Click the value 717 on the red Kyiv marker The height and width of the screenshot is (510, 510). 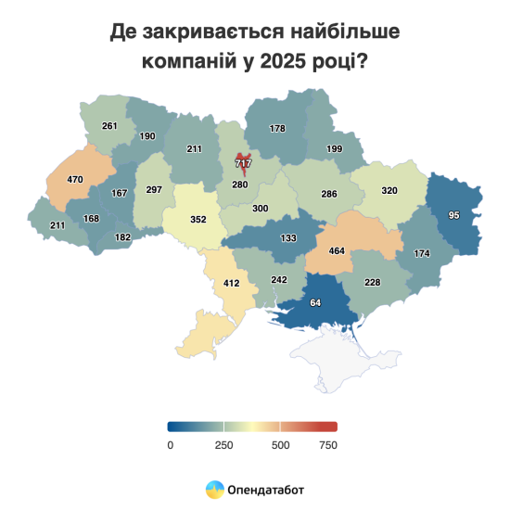click(244, 163)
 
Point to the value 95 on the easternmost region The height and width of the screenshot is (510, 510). click(453, 215)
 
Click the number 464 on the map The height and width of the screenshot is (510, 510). click(337, 251)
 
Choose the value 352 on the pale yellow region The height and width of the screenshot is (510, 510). click(197, 221)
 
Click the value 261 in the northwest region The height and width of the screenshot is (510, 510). click(110, 125)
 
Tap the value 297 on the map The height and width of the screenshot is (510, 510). click(154, 190)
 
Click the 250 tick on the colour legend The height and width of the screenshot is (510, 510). click(223, 445)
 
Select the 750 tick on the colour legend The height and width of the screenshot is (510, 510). click(326, 445)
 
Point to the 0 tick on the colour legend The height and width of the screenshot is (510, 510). click(171, 445)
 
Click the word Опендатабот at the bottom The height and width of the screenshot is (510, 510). click(265, 488)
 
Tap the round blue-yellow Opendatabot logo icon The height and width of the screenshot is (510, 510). click(214, 488)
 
